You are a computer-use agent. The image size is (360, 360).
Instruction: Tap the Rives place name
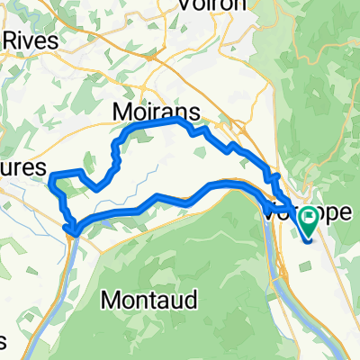point(31,41)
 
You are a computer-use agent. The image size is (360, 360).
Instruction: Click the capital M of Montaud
point(112,298)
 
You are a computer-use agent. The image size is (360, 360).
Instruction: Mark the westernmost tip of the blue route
point(51,175)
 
